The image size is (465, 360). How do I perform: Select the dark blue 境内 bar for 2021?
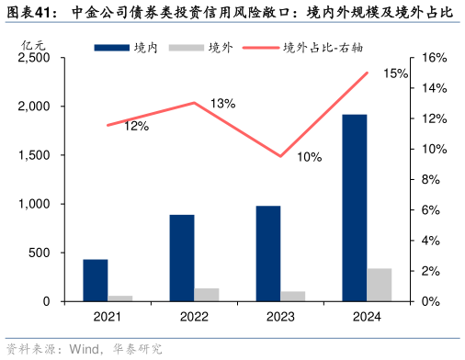96,280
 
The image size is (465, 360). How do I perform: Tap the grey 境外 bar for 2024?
380,285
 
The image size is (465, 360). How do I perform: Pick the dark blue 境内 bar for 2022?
182,258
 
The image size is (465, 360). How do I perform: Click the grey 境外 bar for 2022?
207,295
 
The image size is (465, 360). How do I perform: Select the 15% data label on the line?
396,73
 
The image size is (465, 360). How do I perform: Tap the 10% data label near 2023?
309,157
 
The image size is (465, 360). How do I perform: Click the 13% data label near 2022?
222,103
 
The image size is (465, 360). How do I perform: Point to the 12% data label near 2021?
137,126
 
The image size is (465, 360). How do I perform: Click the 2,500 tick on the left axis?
34,58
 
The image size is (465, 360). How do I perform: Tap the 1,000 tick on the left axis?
34,204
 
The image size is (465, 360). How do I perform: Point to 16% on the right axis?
435,58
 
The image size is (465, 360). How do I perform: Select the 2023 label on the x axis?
280,317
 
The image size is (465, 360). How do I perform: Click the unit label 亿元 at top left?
32,43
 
